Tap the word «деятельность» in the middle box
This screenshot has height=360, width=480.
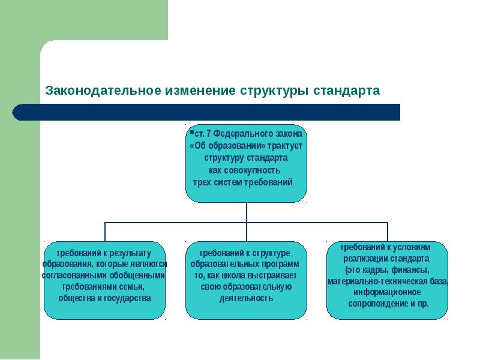246,298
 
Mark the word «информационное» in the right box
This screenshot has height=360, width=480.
388,293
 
